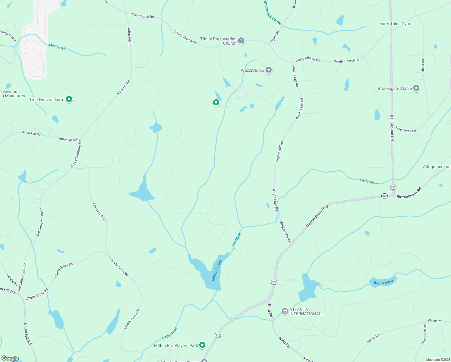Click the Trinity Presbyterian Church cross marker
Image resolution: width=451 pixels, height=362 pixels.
(241, 41)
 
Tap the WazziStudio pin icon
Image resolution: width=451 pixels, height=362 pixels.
(269, 70)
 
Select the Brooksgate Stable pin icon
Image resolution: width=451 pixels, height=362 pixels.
(416, 88)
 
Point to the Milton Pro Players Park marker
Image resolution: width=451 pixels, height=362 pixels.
(202, 345)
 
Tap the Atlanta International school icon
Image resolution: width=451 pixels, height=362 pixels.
(285, 311)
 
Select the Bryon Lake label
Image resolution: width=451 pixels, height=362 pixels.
(383, 282)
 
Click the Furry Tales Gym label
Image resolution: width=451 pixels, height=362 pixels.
(395, 24)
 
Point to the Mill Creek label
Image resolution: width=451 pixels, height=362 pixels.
(57, 47)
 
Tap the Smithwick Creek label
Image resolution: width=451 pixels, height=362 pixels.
(272, 13)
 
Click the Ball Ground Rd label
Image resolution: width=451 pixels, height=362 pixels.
(392, 128)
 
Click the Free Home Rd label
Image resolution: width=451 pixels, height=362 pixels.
(405, 130)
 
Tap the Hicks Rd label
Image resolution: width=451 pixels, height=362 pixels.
(423, 65)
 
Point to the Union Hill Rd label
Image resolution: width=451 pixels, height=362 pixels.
(27, 334)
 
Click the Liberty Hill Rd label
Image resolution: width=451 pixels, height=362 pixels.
(99, 212)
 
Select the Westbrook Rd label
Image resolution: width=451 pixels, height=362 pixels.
(424, 335)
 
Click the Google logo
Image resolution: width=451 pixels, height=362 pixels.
(10, 358)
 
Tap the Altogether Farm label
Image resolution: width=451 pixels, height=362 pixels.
(437, 167)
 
